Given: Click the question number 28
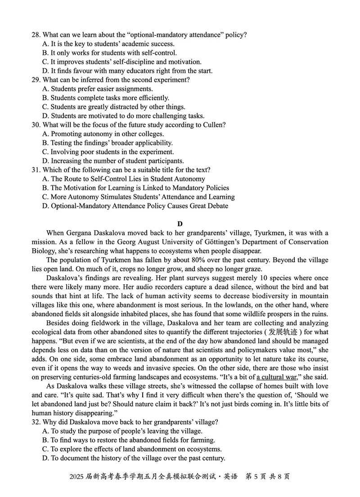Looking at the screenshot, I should point(36,35).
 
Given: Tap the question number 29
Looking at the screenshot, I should point(36,80).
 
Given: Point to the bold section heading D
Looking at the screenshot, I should point(180,224).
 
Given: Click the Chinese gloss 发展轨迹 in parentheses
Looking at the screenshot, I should point(283,332).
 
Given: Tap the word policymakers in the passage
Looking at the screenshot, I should point(274,350).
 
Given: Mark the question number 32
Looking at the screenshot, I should point(36,422).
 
